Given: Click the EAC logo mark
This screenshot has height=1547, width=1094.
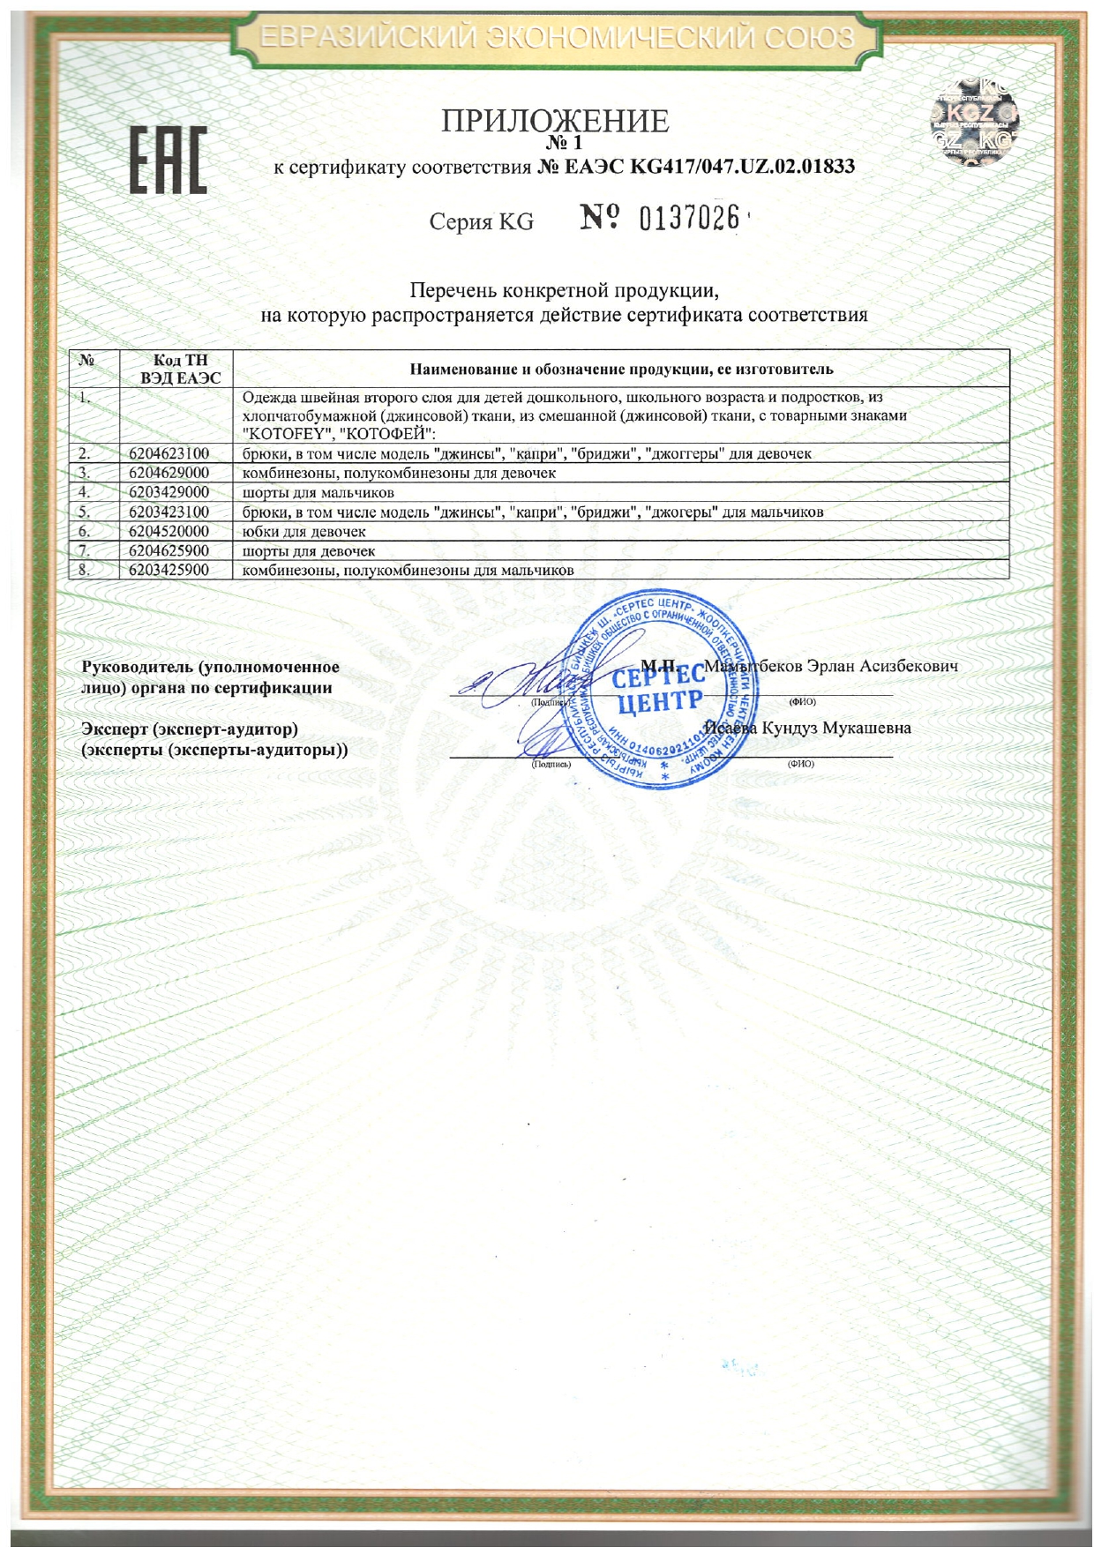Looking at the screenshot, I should [169, 161].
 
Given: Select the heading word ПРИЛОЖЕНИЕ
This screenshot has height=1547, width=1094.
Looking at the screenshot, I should [555, 121].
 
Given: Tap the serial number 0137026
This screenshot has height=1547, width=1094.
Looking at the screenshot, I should [688, 218].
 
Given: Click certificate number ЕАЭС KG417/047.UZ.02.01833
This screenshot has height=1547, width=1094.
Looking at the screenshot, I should [696, 167].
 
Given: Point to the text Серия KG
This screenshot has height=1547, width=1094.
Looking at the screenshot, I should [482, 221].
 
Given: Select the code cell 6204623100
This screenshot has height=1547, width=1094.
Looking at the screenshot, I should [169, 453].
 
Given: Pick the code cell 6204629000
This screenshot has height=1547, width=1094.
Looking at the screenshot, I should [169, 473].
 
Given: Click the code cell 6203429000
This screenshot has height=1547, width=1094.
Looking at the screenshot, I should [169, 492].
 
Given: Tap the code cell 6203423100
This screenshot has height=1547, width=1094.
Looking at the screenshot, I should [169, 512].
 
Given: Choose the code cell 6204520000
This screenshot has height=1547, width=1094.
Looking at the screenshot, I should [169, 531].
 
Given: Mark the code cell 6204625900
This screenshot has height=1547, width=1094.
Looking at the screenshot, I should [169, 550].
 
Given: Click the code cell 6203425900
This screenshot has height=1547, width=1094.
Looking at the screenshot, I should [169, 570].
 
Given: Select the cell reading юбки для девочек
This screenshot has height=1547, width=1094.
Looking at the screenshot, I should [303, 531].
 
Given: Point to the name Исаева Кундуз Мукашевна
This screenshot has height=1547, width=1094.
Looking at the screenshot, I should [808, 729].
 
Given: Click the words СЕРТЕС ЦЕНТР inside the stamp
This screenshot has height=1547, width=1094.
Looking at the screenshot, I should [658, 689].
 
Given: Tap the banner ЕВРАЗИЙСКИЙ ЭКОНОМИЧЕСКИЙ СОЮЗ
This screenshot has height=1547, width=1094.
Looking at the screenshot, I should [558, 38].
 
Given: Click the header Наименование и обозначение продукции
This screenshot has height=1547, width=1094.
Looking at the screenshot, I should [621, 369].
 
